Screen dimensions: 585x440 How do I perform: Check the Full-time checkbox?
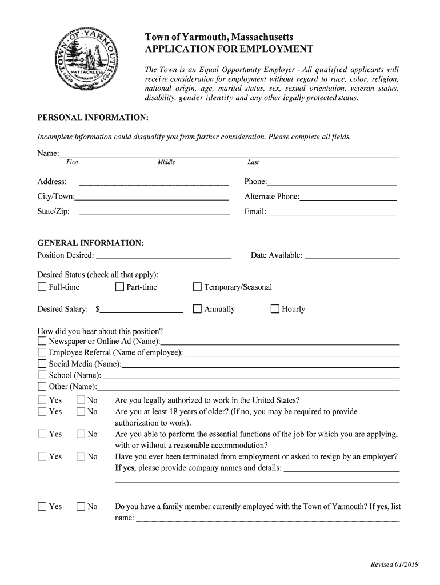click(42, 287)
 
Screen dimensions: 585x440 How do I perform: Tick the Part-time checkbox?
click(119, 287)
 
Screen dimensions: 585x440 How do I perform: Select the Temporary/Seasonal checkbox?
click(198, 287)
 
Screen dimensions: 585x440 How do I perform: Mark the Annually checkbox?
click(198, 309)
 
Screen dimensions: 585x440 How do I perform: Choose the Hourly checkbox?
click(275, 309)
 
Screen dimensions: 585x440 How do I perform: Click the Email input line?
click(331, 212)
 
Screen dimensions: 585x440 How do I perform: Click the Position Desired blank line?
click(163, 255)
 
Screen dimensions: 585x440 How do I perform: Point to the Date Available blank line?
click(351, 255)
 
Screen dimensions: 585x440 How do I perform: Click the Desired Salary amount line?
click(141, 310)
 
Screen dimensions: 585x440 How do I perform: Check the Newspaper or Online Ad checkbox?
click(42, 341)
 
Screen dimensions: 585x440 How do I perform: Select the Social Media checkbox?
click(42, 364)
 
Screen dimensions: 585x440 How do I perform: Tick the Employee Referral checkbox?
click(42, 352)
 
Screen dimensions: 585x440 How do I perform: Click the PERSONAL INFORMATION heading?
click(93, 118)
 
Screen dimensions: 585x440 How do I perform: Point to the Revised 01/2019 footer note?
click(394, 564)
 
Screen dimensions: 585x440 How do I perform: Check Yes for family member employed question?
click(42, 506)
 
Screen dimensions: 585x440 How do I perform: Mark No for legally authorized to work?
click(81, 400)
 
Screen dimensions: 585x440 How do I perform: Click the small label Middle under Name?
click(166, 162)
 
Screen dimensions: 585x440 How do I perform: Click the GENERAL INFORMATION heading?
click(90, 243)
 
